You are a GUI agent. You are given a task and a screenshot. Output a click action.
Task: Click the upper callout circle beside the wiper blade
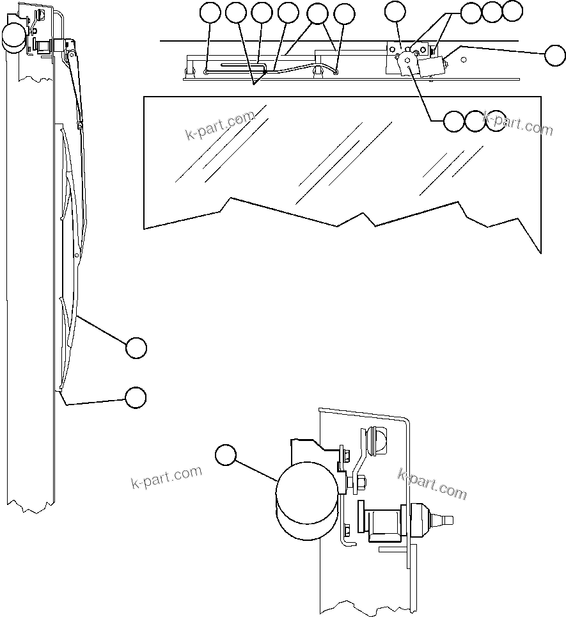click(136, 348)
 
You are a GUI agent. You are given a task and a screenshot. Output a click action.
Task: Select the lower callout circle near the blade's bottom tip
click(135, 397)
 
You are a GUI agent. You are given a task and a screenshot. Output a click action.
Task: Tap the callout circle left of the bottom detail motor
click(225, 455)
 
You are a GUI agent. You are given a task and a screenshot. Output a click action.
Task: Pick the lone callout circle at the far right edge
click(554, 56)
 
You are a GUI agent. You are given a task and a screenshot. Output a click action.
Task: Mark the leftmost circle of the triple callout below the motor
click(453, 121)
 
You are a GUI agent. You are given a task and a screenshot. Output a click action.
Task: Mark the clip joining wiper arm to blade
click(80, 126)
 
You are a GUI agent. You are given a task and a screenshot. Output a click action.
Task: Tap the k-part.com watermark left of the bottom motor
click(166, 477)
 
